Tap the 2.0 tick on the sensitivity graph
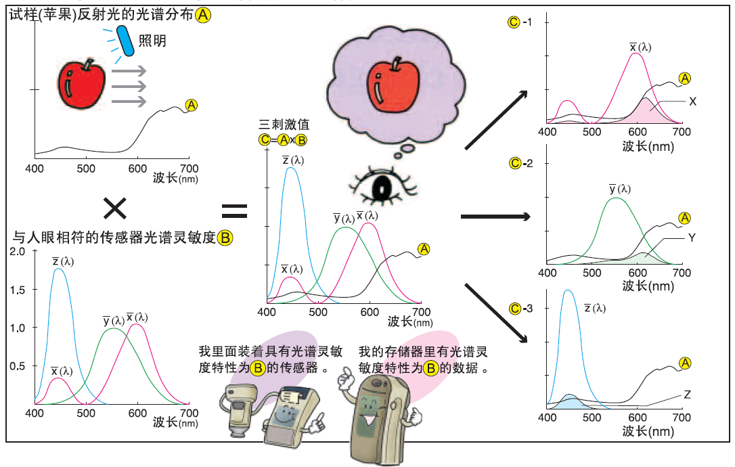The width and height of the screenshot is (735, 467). pyautogui.click(x=16, y=252)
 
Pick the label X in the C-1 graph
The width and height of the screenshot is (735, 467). pyautogui.click(x=692, y=101)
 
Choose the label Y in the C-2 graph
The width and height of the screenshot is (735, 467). pyautogui.click(x=692, y=238)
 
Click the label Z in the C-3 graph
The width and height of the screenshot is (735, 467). pyautogui.click(x=687, y=393)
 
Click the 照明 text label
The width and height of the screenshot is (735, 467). pyautogui.click(x=152, y=41)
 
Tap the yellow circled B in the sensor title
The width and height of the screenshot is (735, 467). pyautogui.click(x=225, y=238)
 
